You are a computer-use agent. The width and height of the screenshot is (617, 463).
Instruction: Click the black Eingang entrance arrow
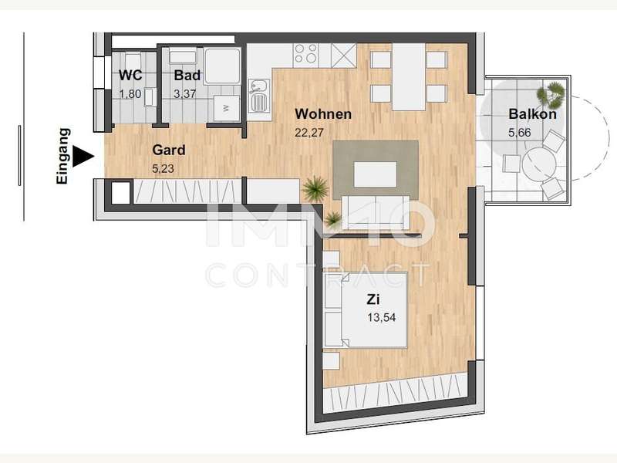(x=83, y=157)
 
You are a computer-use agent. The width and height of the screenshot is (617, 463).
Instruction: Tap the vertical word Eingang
(x=63, y=156)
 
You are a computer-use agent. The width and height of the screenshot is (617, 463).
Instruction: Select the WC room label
(x=130, y=75)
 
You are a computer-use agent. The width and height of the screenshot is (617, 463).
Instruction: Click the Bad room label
(x=187, y=75)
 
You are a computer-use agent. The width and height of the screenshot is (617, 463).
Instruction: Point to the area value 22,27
(x=309, y=133)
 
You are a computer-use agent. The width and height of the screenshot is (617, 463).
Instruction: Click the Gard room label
(x=169, y=150)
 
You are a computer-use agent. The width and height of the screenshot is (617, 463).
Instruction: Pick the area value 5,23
(x=163, y=169)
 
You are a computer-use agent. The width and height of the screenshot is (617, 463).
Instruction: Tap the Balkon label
(x=532, y=114)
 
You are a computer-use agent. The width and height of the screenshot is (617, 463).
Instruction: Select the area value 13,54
(x=382, y=317)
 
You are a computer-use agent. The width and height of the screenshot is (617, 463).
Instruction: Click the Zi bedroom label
(x=373, y=299)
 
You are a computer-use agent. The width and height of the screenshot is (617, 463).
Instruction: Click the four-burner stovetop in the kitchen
(x=306, y=55)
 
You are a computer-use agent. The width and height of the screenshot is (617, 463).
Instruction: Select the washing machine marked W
(x=227, y=108)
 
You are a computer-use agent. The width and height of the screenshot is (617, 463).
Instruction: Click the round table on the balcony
(x=538, y=163)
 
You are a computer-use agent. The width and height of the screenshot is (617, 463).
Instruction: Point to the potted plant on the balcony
(x=551, y=94)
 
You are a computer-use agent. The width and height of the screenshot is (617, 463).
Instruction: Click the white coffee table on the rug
(x=375, y=174)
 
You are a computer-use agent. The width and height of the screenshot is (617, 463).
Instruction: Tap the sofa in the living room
(x=376, y=213)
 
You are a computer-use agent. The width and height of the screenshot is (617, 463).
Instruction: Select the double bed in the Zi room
(x=365, y=310)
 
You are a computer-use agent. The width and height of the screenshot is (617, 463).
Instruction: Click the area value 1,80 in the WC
(x=130, y=94)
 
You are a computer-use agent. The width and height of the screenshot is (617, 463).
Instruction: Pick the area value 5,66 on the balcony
(x=519, y=133)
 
